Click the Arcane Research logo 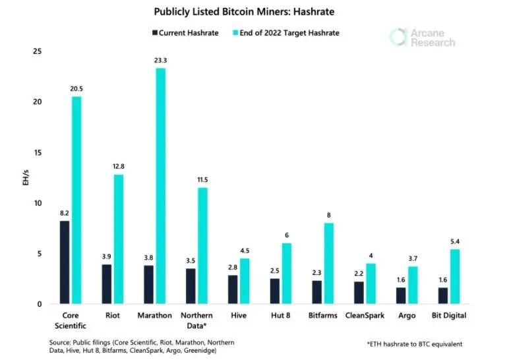[x=422, y=37]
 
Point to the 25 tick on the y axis [x=38, y=51]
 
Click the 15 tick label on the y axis [x=38, y=152]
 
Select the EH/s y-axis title [x=24, y=178]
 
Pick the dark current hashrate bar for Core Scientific [x=64, y=262]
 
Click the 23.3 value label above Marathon [x=160, y=60]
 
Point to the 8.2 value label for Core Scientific [x=64, y=213]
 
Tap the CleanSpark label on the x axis [x=365, y=316]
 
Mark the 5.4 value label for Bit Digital [x=455, y=241]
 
